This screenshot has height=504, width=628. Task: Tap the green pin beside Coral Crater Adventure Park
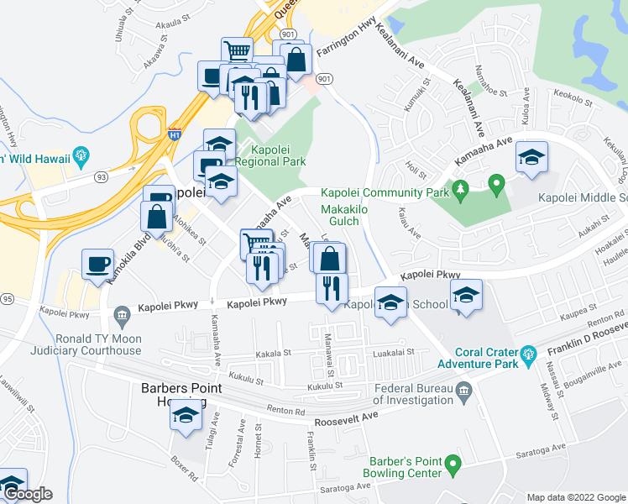click(528, 354)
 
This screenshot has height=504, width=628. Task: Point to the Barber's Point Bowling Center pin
click(453, 463)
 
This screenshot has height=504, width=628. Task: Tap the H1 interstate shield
click(175, 134)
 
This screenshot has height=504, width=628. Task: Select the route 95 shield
click(7, 298)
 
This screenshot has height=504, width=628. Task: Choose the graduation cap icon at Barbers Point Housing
click(186, 415)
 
